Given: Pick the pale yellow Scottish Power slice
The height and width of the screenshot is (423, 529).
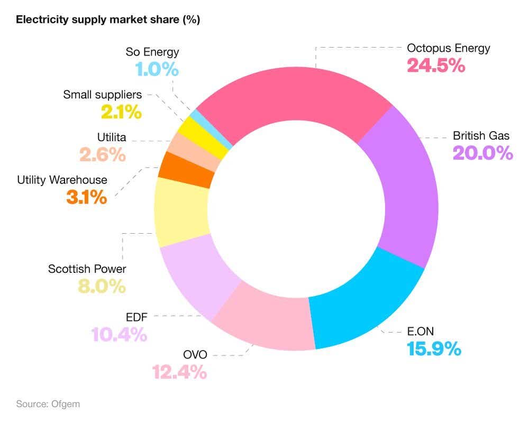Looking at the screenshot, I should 180,212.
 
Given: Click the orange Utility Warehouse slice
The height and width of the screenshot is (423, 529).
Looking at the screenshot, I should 185,170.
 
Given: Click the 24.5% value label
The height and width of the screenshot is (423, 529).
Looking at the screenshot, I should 435,66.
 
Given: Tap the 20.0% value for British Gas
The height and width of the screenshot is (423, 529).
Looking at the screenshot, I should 482,153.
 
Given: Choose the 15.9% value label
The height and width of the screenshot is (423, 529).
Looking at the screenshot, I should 434,349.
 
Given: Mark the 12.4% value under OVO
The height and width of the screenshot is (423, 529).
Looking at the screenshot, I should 179,372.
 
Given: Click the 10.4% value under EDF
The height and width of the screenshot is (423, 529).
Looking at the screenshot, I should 118,335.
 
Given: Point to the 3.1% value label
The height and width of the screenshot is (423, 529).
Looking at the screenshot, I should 86,197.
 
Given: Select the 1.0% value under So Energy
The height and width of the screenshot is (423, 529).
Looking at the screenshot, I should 157,69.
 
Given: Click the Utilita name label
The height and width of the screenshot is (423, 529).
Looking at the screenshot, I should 112,137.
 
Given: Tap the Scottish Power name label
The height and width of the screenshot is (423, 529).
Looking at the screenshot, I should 87,269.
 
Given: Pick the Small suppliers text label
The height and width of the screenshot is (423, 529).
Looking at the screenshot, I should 103,95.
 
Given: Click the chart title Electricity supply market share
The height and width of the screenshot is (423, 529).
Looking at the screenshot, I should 108,20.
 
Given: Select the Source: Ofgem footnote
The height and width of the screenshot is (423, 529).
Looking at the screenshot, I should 48,404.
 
